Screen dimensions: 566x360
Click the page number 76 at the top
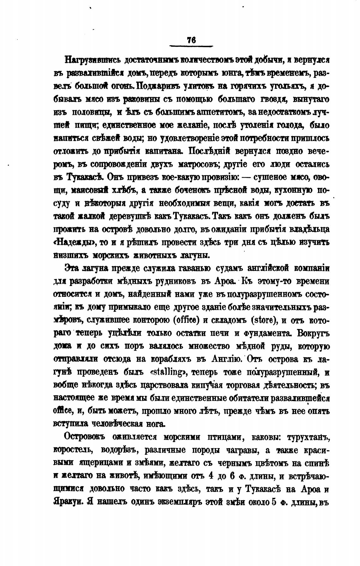(191, 40)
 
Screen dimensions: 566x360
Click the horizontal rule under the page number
(191, 46)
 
